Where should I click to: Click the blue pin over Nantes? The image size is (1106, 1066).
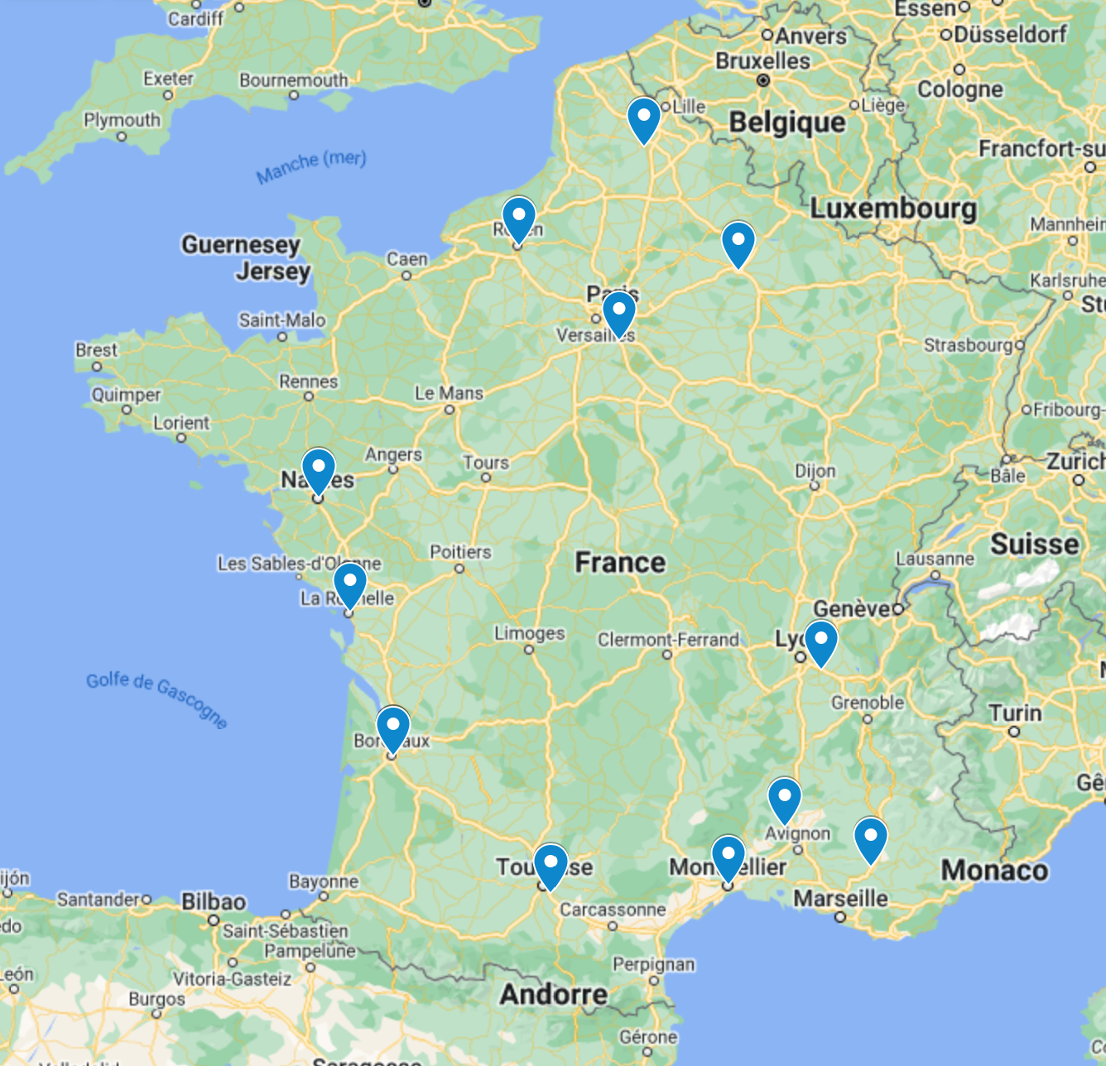coord(318,469)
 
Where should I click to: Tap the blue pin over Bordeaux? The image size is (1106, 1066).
coord(392,727)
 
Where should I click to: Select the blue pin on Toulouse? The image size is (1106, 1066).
coord(551,865)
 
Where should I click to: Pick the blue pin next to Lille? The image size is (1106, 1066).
coord(643,118)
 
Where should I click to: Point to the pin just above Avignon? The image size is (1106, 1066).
coord(784,799)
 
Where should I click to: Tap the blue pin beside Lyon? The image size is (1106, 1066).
coord(820,641)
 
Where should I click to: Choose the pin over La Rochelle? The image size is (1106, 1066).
coord(349,583)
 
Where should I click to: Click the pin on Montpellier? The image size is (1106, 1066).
coord(729,857)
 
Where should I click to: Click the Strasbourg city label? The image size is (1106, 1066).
coord(967,344)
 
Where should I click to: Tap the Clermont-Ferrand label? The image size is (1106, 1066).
coord(668,640)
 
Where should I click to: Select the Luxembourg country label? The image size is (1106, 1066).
coord(893,208)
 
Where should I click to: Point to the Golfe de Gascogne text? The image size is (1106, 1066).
coord(156,699)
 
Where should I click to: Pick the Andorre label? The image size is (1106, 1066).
coord(553,994)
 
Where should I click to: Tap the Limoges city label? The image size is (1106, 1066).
coord(529,633)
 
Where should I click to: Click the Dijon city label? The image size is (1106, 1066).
coord(815,470)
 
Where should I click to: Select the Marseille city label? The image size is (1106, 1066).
coord(840,898)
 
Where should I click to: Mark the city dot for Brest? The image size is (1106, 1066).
coord(97,366)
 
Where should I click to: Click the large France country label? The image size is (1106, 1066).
coord(620,563)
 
